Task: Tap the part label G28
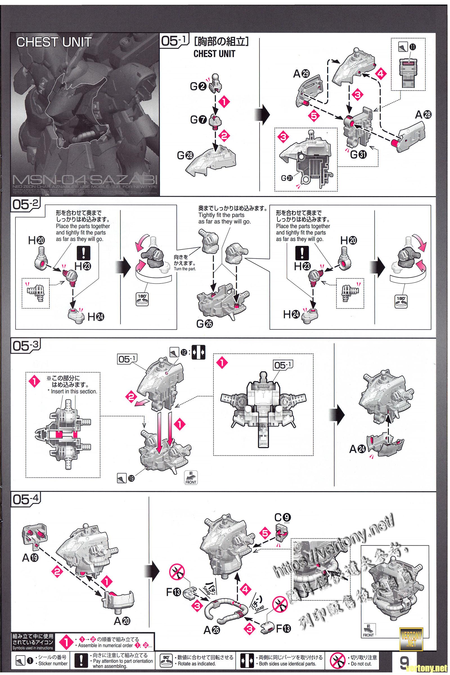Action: pos(185,156)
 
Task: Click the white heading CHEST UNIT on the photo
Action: pos(54,42)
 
